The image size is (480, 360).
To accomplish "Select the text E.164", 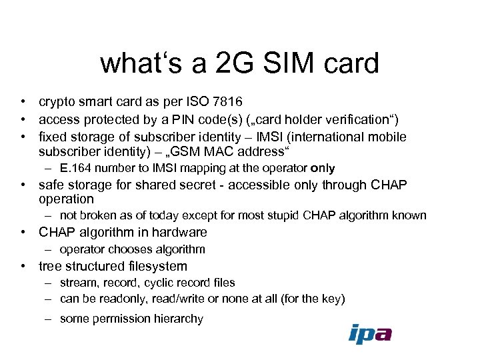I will (x=75, y=168).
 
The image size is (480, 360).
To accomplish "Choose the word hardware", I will (x=181, y=232).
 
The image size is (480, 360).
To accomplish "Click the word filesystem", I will (x=157, y=266).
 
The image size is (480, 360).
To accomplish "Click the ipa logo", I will (x=370, y=333).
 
